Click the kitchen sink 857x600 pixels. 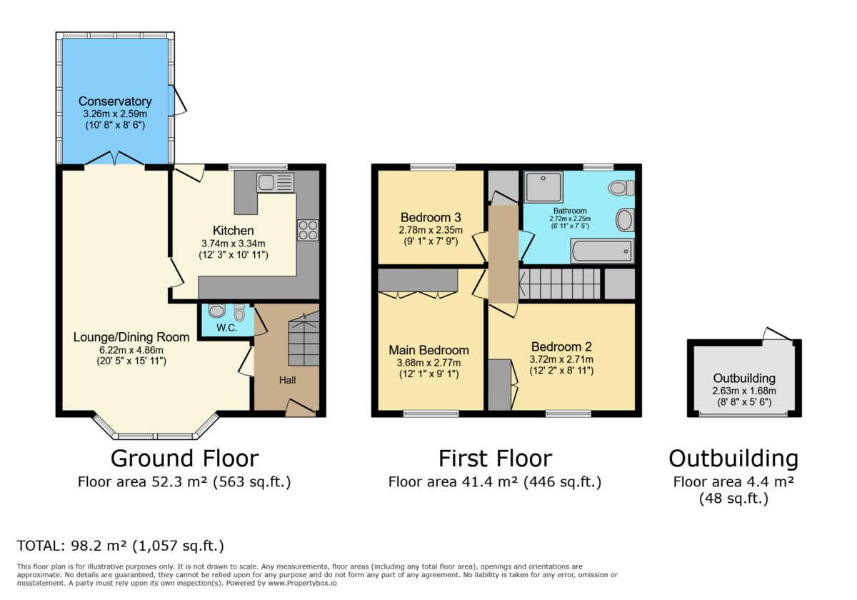(276, 183)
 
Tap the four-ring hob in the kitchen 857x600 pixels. (308, 230)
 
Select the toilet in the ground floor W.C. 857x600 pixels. (239, 312)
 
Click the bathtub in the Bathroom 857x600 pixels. (602, 251)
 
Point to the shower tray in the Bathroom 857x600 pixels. (543, 186)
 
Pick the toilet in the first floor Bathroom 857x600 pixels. (621, 188)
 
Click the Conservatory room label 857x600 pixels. (115, 101)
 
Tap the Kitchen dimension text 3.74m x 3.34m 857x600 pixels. (234, 244)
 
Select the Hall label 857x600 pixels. (287, 380)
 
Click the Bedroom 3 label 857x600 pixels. (431, 217)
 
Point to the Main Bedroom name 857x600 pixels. (429, 350)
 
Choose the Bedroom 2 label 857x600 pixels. (561, 346)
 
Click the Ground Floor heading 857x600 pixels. (185, 459)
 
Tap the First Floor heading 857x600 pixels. (495, 459)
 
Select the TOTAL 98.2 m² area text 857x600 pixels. (121, 546)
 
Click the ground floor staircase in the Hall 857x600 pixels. (304, 339)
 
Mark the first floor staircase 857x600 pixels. (559, 284)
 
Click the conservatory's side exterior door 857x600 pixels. (177, 100)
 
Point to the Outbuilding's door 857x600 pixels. (778, 334)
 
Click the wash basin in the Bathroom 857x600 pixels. (625, 220)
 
